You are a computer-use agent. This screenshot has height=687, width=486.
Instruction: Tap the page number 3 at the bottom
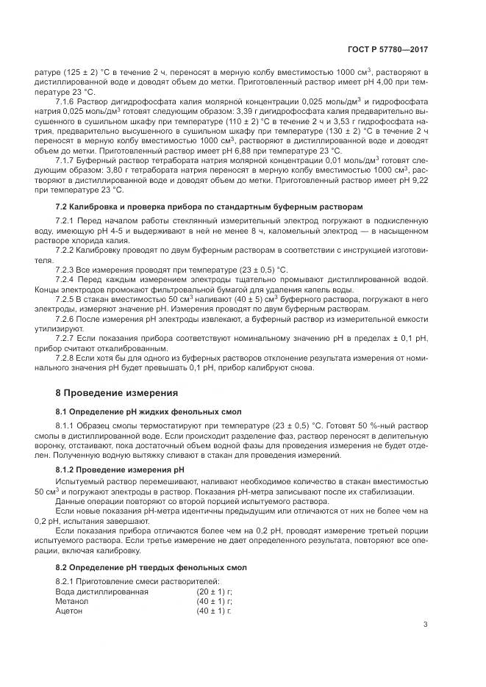coord(425,625)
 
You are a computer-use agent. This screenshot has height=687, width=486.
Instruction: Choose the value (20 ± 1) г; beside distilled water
coord(214,591)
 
